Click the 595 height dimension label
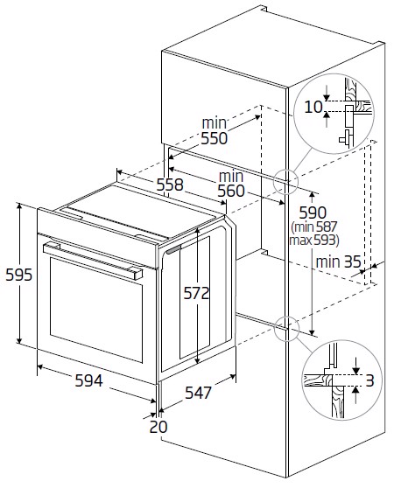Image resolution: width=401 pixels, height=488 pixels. tap(18, 275)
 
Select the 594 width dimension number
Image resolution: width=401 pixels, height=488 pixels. tap(88, 381)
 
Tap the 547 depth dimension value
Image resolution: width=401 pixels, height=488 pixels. tap(199, 394)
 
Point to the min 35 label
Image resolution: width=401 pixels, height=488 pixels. tap(339, 261)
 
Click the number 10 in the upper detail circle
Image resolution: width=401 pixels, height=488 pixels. tap(313, 107)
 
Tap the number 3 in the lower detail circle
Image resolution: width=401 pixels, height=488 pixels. tap(371, 380)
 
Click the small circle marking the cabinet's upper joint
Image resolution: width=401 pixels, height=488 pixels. tap(286, 181)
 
